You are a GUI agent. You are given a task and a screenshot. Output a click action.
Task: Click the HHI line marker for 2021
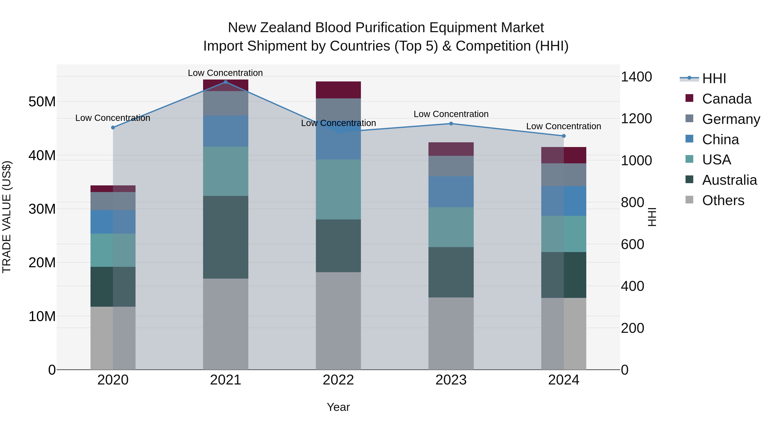pos(226,82)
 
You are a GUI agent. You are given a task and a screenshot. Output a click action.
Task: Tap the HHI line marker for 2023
pos(451,123)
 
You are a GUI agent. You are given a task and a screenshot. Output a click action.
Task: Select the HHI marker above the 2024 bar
pos(564,136)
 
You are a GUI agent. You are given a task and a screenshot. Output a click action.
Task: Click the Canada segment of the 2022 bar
pos(338,90)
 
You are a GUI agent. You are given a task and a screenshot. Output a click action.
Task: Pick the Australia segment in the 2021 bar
pos(226,237)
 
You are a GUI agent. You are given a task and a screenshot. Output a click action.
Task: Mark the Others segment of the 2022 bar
pos(338,320)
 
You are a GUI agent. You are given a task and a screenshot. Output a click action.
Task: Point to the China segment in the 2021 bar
pos(226,131)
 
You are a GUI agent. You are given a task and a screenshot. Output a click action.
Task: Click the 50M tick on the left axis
pos(42,102)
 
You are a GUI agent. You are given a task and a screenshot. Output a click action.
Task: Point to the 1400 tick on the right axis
pos(636,77)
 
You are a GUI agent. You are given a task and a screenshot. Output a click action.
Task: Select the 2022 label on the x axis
pos(338,380)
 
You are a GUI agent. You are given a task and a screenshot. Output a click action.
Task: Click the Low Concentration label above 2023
pos(451,114)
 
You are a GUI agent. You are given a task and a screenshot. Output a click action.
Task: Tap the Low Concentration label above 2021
pos(225,73)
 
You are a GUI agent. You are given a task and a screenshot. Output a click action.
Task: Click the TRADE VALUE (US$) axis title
pos(7,217)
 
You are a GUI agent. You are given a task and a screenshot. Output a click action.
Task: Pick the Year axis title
pos(338,407)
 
